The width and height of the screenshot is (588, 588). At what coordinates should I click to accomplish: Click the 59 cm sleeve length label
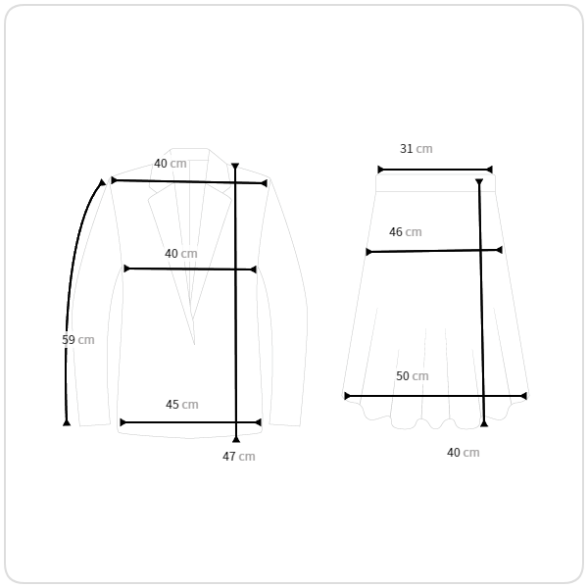(77, 340)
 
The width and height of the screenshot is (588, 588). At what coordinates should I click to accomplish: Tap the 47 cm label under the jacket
(238, 457)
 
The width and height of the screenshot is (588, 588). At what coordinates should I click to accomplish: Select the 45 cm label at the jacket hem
(181, 405)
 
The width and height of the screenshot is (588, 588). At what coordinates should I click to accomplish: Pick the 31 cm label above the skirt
(416, 149)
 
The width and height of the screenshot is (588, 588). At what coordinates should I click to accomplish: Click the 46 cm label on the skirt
(405, 232)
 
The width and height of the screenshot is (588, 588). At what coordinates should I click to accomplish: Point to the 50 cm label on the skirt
(412, 376)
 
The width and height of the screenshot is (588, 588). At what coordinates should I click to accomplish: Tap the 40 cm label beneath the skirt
(463, 453)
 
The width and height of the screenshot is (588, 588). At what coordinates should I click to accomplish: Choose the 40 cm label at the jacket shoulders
(170, 164)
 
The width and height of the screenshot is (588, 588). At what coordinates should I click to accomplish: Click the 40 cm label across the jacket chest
(180, 254)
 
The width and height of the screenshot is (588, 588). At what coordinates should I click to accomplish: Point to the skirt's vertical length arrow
(481, 314)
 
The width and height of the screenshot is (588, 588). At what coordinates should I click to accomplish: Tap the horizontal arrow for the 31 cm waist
(435, 170)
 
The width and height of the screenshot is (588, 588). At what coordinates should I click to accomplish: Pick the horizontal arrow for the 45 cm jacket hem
(190, 422)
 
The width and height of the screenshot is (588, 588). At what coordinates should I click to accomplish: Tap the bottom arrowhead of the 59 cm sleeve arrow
(67, 421)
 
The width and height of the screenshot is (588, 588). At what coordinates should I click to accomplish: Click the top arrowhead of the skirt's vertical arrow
(479, 183)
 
